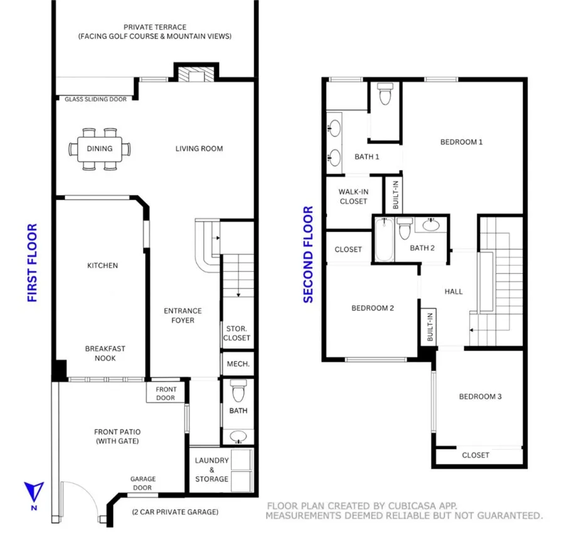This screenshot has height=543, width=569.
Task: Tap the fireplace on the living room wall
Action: [x=196, y=75]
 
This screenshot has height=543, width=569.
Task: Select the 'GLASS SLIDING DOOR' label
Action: [x=96, y=99]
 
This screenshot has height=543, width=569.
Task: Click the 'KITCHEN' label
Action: [x=102, y=265]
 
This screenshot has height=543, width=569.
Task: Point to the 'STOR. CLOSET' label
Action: [x=237, y=333]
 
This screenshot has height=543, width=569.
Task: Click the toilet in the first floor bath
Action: [x=238, y=392]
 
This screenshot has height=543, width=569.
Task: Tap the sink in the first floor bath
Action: [x=238, y=436]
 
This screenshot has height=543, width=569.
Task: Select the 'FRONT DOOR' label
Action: [x=166, y=393]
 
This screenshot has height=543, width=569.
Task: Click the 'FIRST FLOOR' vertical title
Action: [x=33, y=263]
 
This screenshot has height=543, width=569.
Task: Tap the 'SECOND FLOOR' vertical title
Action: [x=308, y=255]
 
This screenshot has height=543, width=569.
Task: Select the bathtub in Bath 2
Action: [x=383, y=240]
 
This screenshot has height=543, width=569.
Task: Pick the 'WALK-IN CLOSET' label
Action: [x=353, y=196]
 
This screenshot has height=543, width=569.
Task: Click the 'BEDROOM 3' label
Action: [x=480, y=396]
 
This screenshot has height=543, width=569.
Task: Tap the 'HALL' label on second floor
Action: [x=454, y=291]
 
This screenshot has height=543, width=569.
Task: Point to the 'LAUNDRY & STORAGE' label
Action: [x=211, y=470]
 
